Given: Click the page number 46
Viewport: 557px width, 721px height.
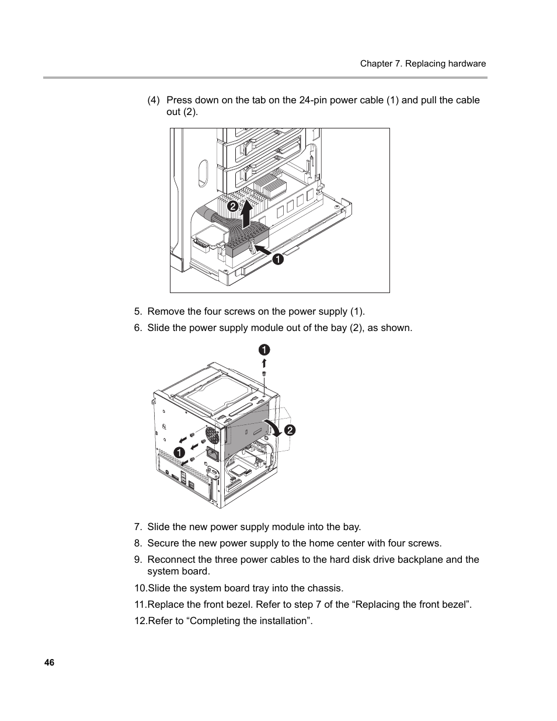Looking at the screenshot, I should point(49,663).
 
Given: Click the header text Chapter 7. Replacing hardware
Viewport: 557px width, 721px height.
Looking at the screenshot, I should point(423,64).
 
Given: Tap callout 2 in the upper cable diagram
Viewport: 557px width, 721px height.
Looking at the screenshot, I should point(232,207).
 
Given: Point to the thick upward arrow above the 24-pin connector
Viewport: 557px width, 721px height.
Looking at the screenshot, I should point(248,214).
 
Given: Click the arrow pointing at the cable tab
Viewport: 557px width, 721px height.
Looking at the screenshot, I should point(262,250).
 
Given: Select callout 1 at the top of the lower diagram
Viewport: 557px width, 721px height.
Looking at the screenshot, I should point(264,350).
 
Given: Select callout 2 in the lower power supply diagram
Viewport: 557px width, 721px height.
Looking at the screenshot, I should point(290,431).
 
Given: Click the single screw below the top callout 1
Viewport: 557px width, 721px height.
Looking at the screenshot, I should point(264,374).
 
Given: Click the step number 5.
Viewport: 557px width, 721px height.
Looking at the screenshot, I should point(138,311).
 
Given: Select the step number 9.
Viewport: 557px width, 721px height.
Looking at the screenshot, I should point(138,559).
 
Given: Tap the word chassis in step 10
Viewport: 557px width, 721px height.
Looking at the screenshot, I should point(325,588).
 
